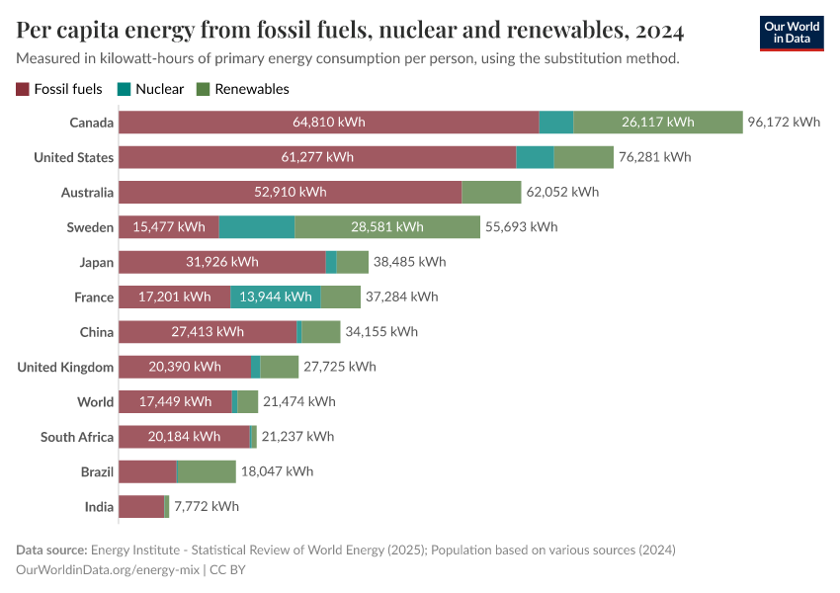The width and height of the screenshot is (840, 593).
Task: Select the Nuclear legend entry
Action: [159, 89]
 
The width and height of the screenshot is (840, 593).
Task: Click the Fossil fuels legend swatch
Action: [23, 89]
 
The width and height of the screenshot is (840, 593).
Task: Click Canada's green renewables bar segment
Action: [657, 123]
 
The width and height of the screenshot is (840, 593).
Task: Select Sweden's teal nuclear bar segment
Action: [256, 227]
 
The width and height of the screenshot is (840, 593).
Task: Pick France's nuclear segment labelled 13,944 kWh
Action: [276, 296]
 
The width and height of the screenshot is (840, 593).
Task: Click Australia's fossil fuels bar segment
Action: [290, 193]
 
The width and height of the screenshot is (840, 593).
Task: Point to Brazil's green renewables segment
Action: [206, 471]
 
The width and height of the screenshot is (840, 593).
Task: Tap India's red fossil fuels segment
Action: [140, 507]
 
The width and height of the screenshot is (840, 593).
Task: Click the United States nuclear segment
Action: [535, 157]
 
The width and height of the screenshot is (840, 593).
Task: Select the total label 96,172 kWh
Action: [784, 123]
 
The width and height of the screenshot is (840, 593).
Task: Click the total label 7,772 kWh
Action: [207, 507]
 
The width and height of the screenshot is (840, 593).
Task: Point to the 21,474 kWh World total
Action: [299, 401]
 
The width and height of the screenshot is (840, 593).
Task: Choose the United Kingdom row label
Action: [65, 367]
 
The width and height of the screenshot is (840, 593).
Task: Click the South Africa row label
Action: [77, 437]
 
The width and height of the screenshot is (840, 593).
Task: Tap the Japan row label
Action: [96, 262]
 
